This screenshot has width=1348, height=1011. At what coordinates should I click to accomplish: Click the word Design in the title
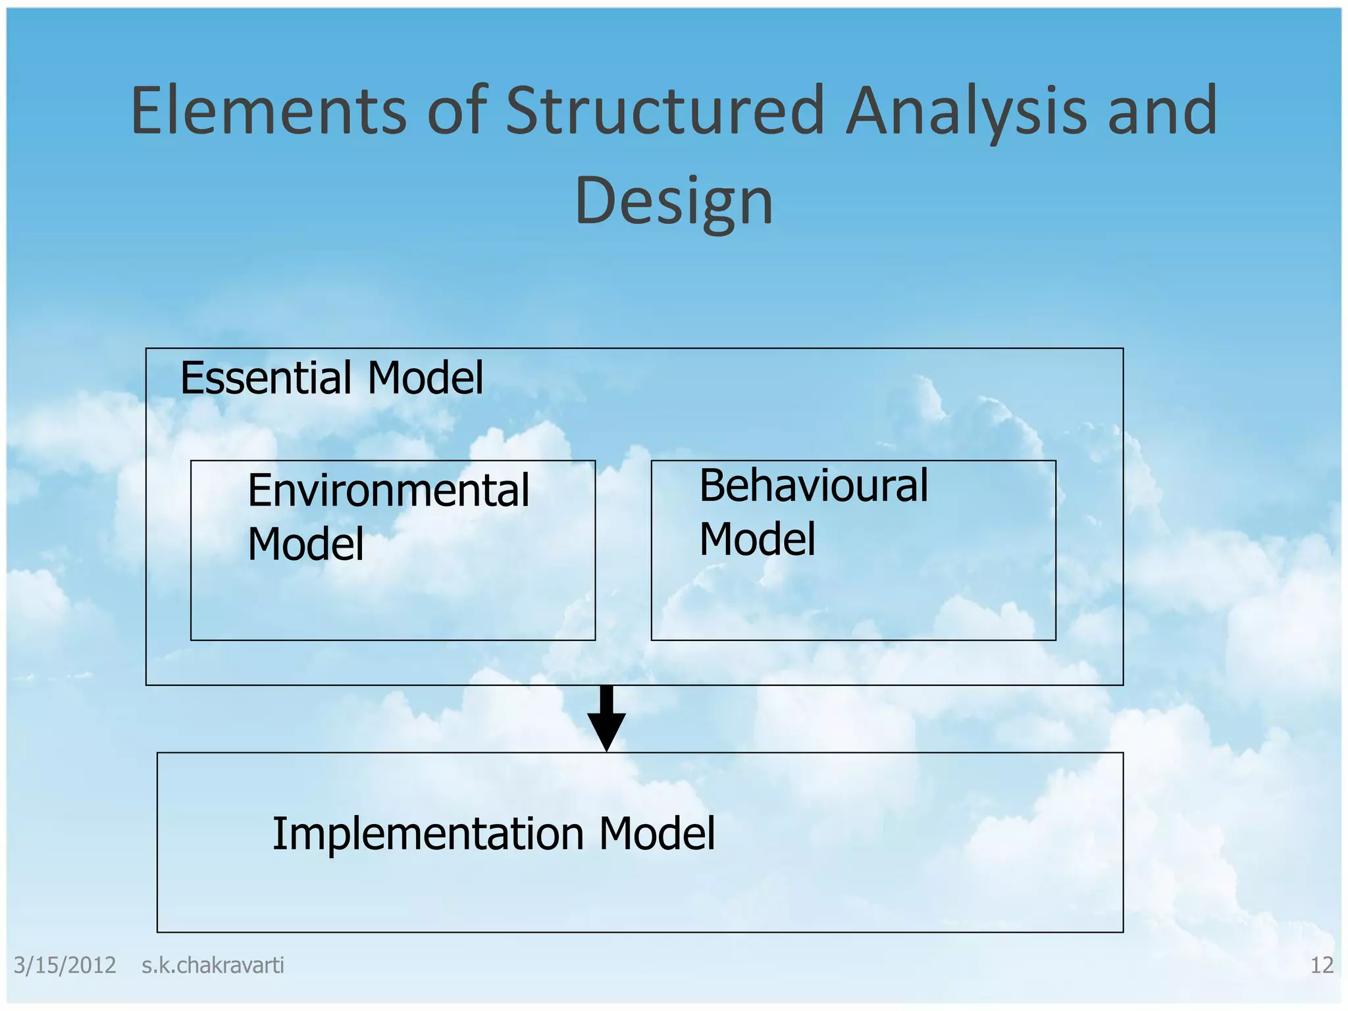(x=673, y=201)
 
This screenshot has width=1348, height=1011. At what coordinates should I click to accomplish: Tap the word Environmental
(x=388, y=491)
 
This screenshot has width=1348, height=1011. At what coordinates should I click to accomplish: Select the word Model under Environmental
(x=305, y=544)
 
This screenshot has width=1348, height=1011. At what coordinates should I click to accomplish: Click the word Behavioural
(x=814, y=486)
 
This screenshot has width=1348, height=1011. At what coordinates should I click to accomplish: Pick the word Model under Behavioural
(x=757, y=539)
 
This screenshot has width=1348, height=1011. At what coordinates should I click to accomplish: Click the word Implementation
(x=428, y=834)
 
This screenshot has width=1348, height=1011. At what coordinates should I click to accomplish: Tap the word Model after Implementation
(x=657, y=834)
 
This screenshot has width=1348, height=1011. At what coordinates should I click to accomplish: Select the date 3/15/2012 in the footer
(x=65, y=966)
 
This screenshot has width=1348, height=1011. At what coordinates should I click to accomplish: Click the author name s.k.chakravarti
(x=213, y=966)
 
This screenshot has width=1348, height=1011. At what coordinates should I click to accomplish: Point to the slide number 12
(x=1322, y=966)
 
